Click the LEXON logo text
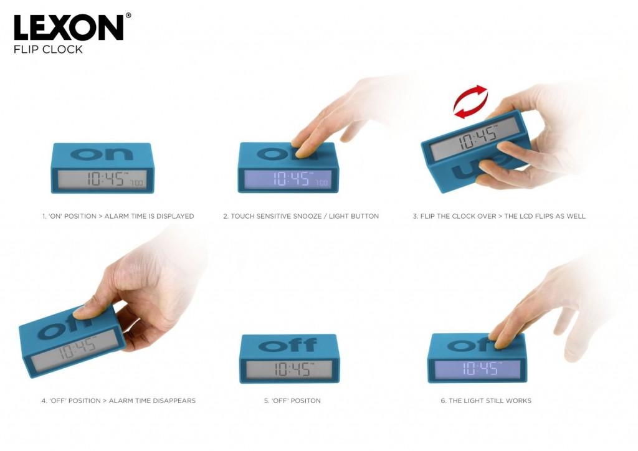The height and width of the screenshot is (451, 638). point(69,27)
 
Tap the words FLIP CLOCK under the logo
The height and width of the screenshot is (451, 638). point(48,49)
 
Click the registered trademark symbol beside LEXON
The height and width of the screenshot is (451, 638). point(128,16)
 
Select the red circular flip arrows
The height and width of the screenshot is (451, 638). point(470,102)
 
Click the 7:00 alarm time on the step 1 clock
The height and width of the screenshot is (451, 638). point(136,183)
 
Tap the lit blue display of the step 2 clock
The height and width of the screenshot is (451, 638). point(288,179)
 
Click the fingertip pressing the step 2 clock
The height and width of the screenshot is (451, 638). point(302,153)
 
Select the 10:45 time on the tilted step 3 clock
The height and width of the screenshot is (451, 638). point(478,136)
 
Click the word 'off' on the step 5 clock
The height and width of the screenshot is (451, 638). point(288,345)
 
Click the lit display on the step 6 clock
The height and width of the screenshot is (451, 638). point(477,369)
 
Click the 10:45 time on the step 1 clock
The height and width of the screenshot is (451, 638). point(106,179)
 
